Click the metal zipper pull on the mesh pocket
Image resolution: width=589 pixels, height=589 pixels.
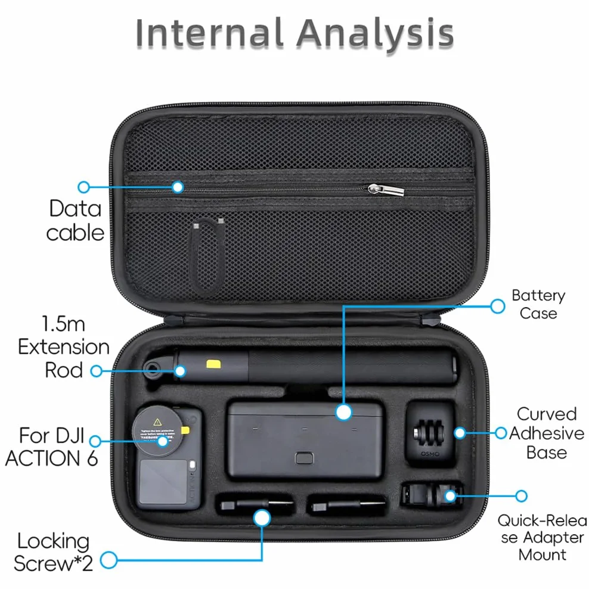(x=386, y=190)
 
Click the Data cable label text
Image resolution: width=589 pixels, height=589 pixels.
(x=75, y=221)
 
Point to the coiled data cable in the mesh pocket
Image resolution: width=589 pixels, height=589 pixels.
(x=208, y=255)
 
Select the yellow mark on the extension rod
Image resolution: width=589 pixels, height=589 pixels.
(x=213, y=364)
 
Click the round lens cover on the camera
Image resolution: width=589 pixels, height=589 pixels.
(x=158, y=431)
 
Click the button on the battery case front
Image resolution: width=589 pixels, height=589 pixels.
(x=304, y=458)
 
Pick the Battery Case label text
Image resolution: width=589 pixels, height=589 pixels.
(x=538, y=304)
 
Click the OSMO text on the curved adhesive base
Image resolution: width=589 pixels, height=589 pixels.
(x=430, y=454)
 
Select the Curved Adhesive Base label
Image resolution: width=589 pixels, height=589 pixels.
(x=547, y=433)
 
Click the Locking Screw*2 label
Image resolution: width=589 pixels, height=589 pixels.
(x=53, y=552)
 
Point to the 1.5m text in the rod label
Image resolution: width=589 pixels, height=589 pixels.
(x=63, y=324)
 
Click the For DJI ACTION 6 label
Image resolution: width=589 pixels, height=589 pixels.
(x=51, y=447)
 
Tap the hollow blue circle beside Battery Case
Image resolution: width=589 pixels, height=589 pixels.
(x=498, y=306)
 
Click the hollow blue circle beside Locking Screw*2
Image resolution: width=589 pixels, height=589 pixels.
(x=109, y=560)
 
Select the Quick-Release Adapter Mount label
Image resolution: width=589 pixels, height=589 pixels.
(x=542, y=538)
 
